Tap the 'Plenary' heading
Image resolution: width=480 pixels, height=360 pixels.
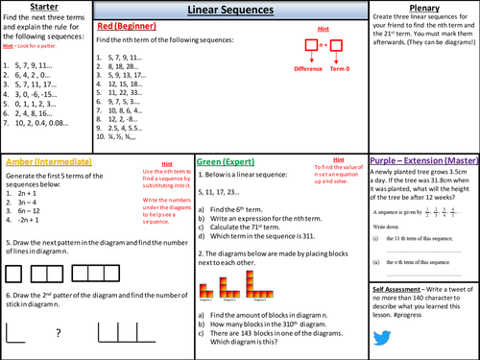(423, 9)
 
